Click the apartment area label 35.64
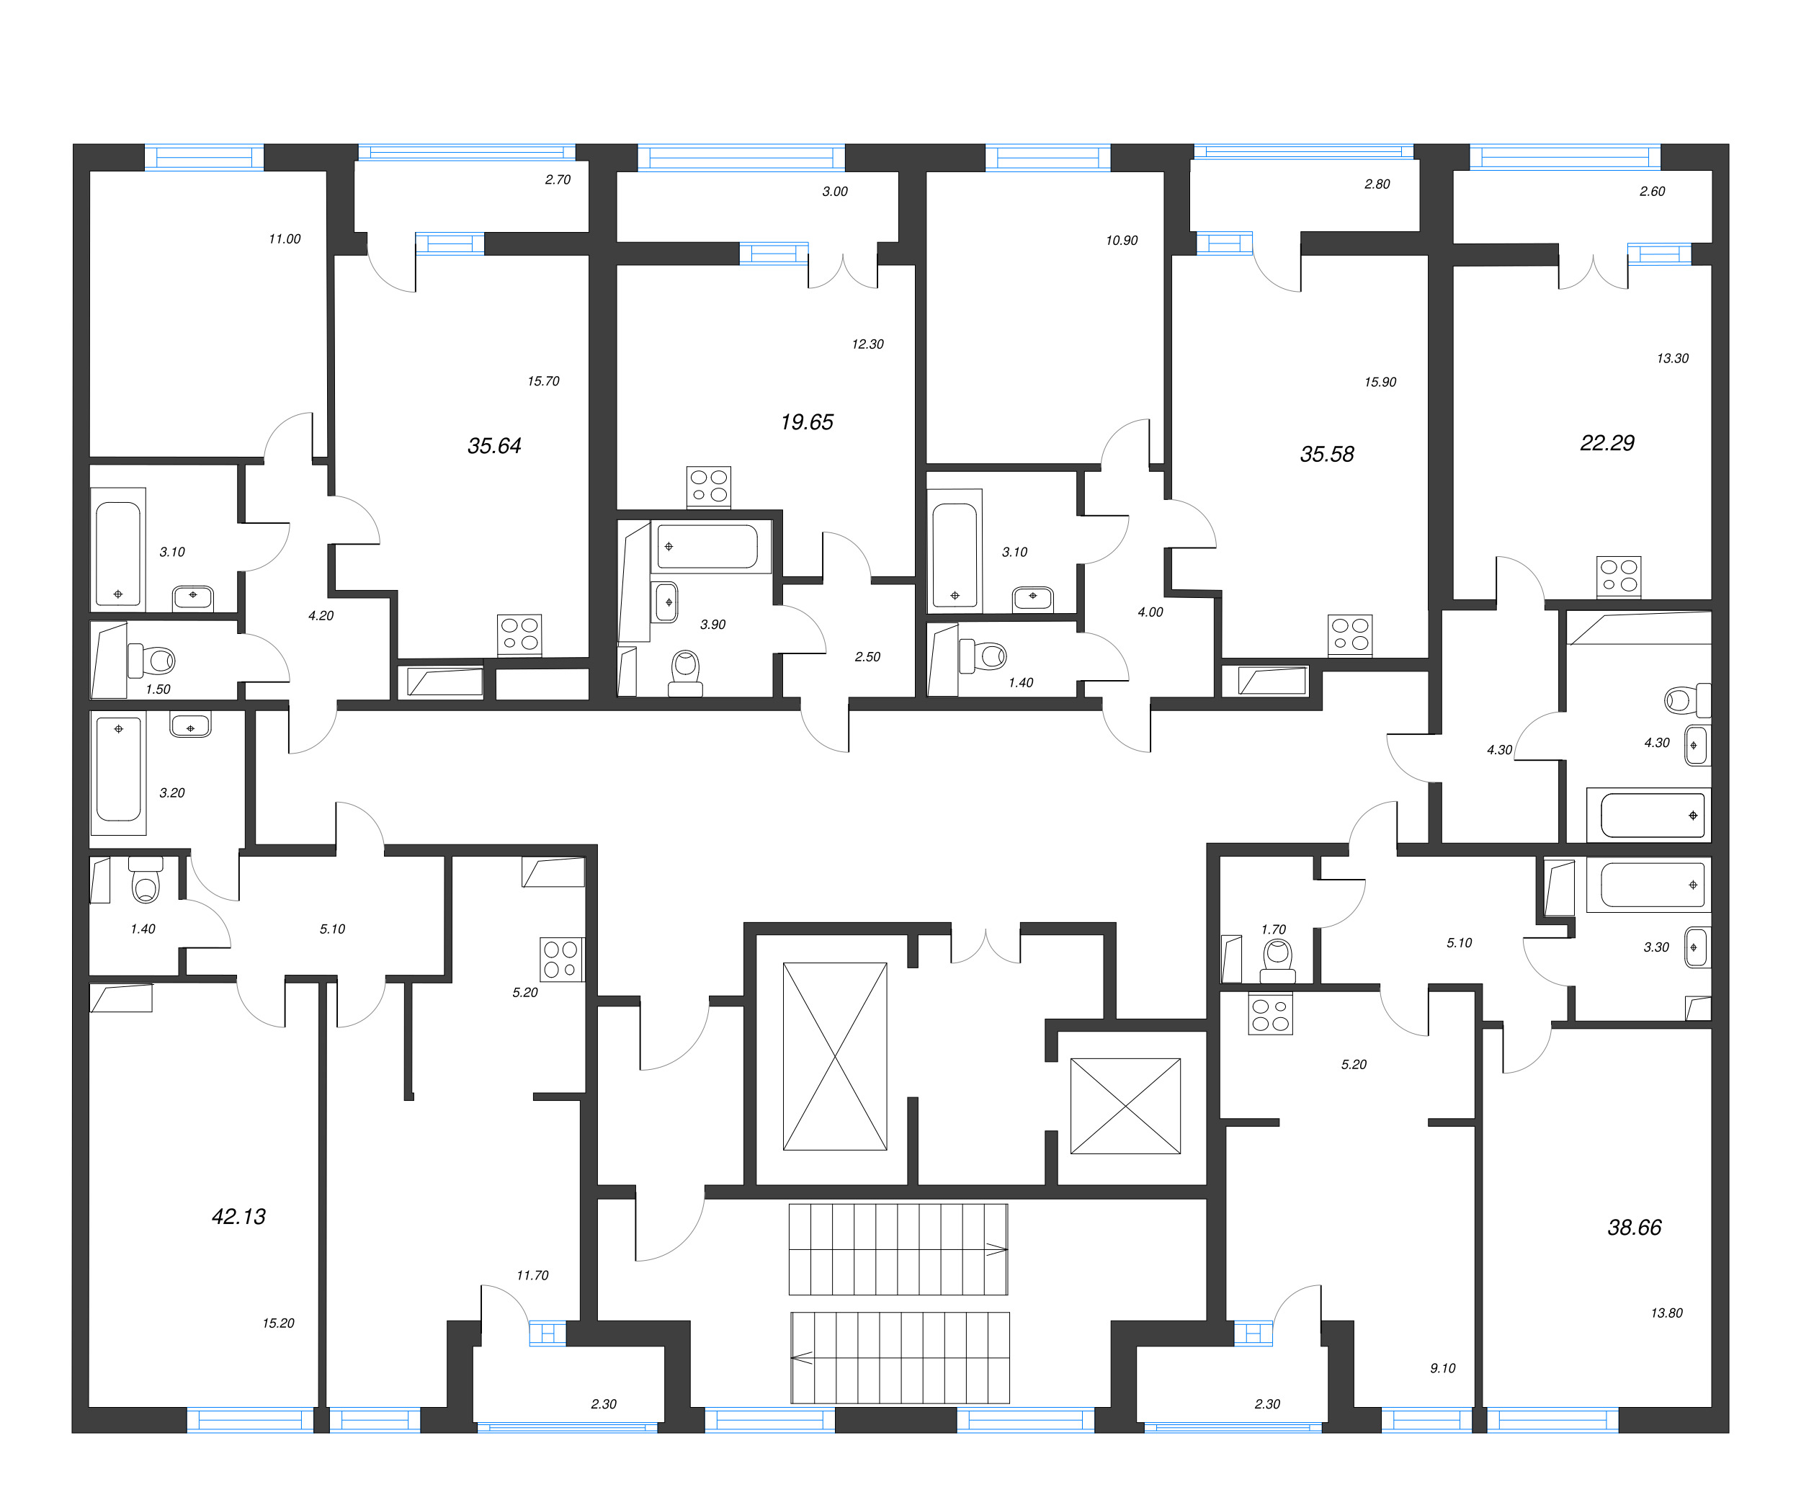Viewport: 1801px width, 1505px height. pos(494,446)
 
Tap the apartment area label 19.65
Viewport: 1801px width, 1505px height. pos(806,422)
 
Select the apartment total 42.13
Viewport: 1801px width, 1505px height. pos(238,1216)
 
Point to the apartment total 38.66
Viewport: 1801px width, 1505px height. pos(1634,1227)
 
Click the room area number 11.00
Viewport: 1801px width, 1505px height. pos(285,239)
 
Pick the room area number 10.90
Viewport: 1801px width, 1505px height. pos(1121,241)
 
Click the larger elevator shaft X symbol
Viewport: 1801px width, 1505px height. pos(834,1055)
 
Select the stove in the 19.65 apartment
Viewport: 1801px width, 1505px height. pos(708,486)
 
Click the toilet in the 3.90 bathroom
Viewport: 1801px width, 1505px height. pos(685,671)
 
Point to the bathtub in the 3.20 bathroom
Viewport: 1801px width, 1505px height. pos(118,769)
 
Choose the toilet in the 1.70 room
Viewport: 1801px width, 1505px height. pos(1278,960)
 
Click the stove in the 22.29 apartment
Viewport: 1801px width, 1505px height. pos(1618,576)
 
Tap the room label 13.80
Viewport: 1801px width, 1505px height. pos(1666,1313)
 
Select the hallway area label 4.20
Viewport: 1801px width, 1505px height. pos(321,616)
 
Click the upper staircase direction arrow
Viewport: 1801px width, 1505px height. pos(995,1249)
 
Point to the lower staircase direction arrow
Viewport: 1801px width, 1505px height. pos(803,1357)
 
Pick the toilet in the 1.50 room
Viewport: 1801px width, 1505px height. pos(153,661)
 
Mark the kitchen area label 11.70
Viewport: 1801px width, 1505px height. pos(532,1275)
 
